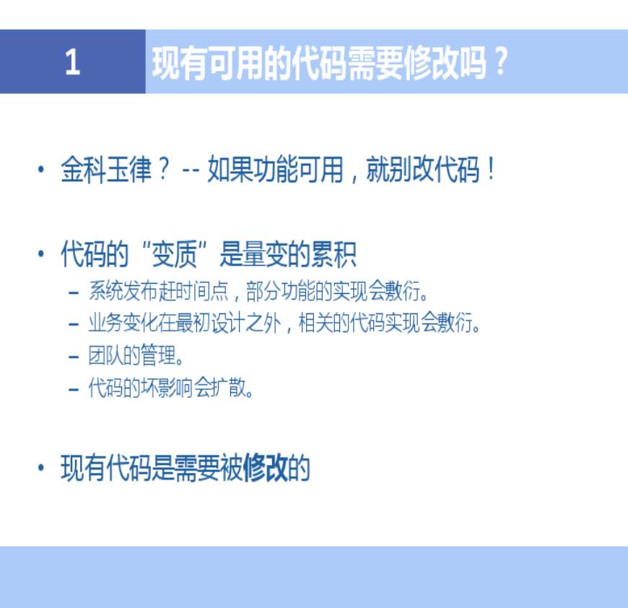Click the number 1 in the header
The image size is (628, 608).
click(72, 61)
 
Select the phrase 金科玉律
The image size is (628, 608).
click(107, 170)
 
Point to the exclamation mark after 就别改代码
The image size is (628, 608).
click(491, 170)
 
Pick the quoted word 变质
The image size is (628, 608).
click(175, 254)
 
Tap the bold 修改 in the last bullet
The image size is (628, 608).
click(265, 467)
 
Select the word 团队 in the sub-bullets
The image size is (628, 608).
click(105, 355)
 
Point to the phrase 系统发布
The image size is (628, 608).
click(123, 291)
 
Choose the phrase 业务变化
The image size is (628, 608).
click(123, 323)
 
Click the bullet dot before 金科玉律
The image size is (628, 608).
click(40, 170)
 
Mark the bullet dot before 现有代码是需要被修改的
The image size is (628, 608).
click(40, 467)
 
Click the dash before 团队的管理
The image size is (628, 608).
click(74, 357)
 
